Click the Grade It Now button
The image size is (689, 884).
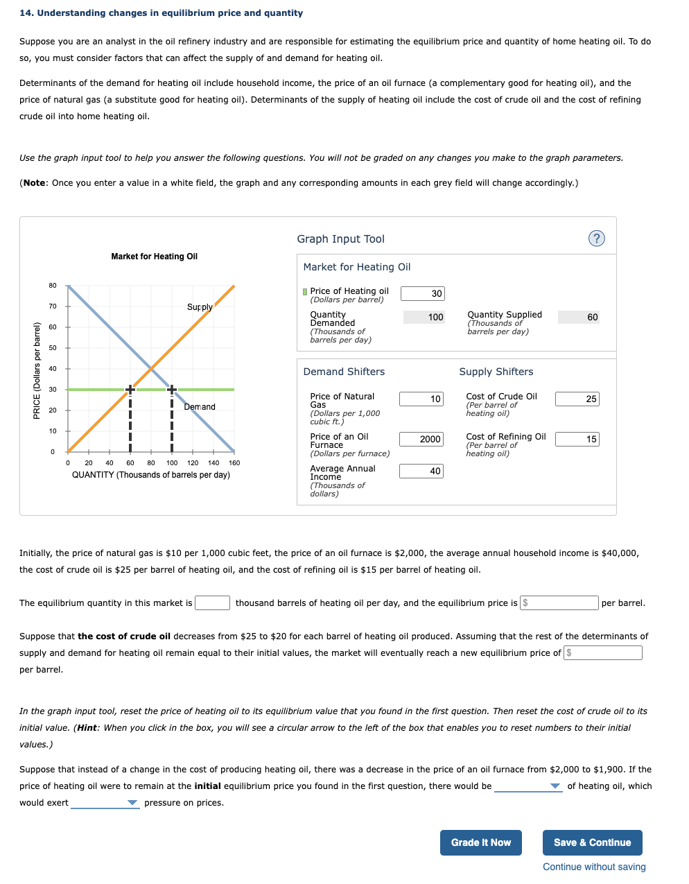click(x=480, y=842)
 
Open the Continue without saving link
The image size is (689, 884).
click(x=594, y=867)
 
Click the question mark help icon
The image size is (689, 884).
click(x=596, y=239)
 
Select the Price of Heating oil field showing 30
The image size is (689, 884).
click(x=423, y=293)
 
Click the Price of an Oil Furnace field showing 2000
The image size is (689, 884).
click(x=421, y=439)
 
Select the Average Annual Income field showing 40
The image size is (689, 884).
click(x=421, y=471)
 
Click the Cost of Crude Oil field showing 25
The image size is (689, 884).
click(x=577, y=399)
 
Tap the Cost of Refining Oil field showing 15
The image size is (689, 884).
click(x=577, y=439)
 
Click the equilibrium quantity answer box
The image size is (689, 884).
click(x=212, y=603)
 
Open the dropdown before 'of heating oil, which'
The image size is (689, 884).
click(x=527, y=786)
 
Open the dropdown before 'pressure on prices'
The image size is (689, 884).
click(x=105, y=803)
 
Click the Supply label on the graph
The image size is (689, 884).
click(x=200, y=306)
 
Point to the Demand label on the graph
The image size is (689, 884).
click(x=200, y=407)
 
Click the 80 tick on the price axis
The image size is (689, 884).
click(x=53, y=286)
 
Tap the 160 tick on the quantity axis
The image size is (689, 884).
click(x=234, y=462)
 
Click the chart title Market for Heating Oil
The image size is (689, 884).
click(x=154, y=257)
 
